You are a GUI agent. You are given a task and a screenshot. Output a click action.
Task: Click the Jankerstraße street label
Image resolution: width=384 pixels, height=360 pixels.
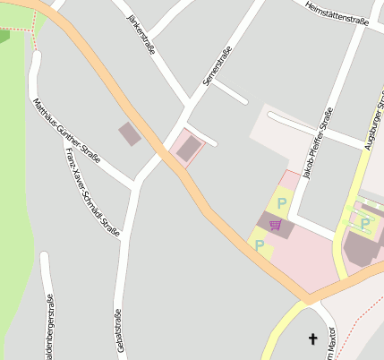pos(141,34)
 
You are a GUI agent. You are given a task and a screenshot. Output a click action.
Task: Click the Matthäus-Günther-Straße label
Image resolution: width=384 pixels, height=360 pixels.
pos(65,131)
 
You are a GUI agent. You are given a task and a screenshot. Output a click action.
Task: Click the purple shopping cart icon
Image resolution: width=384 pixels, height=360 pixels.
pos(275,225)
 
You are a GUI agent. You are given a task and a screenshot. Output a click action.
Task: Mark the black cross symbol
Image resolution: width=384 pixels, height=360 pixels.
pos(312,339)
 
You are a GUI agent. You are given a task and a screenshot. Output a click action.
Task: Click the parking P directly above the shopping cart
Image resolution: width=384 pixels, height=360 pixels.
pos(281,203)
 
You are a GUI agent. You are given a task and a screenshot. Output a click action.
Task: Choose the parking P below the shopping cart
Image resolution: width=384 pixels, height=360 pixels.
pos(260,244)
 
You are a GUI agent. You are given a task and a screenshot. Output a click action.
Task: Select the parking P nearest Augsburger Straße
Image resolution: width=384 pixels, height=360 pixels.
pos(365,223)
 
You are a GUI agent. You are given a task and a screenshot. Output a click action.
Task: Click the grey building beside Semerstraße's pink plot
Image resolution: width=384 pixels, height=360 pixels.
pos(189,149)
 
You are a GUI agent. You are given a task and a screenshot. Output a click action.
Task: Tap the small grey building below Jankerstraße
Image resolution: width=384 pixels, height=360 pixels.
pos(130,134)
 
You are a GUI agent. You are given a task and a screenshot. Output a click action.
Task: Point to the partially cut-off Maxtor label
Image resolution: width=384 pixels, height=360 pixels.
pos(332,344)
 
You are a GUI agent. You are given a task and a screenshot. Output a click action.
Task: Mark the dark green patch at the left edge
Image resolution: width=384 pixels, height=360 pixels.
pos(4,35)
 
